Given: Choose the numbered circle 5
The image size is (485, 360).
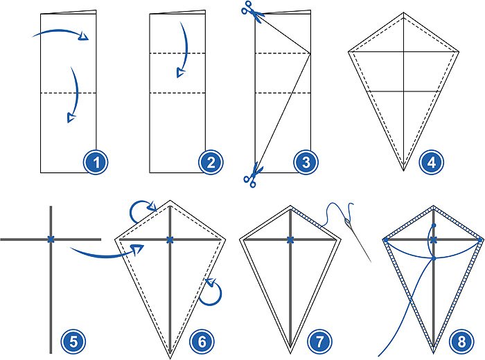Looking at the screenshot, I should (x=73, y=341).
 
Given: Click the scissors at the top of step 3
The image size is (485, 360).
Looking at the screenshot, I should (x=249, y=10).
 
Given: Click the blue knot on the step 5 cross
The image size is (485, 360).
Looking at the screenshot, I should (x=51, y=239).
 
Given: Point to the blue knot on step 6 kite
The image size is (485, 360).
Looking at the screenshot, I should (x=170, y=240).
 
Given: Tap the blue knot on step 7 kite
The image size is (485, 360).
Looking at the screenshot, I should (x=290, y=240).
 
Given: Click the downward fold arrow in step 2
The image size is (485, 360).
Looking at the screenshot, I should (x=183, y=48).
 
